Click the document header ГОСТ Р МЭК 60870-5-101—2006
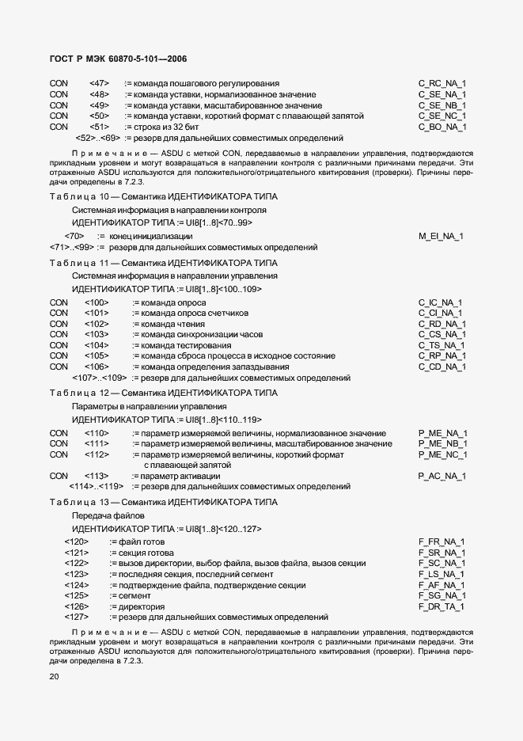click(117, 59)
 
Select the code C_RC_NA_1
click(442, 83)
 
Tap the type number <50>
click(99, 116)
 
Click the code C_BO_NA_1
click(442, 127)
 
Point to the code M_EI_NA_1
click(441, 236)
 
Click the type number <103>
click(96, 335)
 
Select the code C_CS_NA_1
click(442, 335)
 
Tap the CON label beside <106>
click(59, 367)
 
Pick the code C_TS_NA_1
click(442, 346)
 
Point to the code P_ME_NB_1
click(443, 444)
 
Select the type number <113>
click(96, 476)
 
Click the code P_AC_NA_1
click(442, 476)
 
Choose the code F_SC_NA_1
click(442, 563)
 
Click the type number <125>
click(76, 595)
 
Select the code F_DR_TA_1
click(442, 606)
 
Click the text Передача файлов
click(104, 515)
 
